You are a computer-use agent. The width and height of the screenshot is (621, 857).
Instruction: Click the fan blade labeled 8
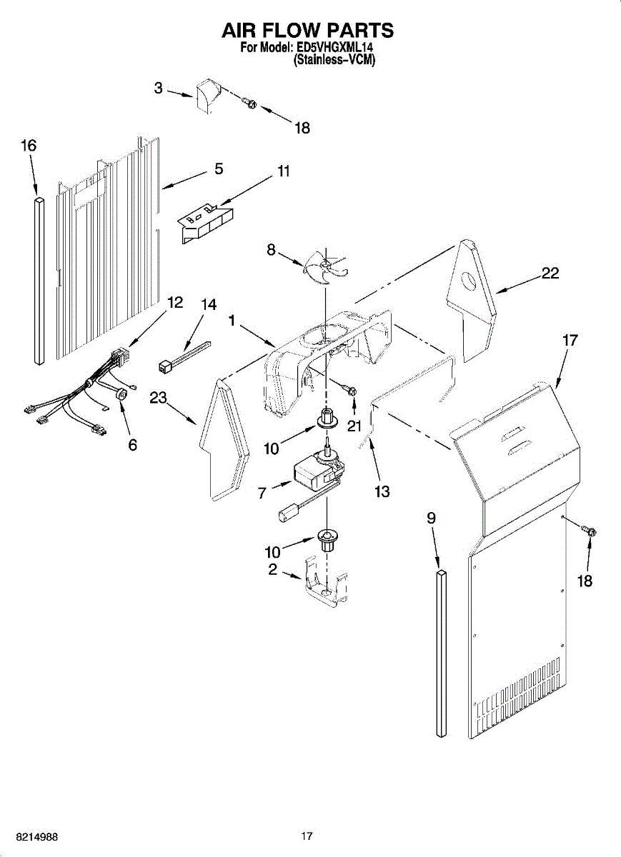[323, 266]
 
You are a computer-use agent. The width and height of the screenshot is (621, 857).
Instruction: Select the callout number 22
[550, 274]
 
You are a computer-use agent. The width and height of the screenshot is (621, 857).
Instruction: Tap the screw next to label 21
[352, 390]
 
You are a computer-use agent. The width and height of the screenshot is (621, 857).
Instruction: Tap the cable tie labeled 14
[184, 356]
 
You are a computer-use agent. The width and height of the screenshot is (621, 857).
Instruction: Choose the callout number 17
[570, 341]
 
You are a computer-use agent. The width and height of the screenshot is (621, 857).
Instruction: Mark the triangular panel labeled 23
[224, 439]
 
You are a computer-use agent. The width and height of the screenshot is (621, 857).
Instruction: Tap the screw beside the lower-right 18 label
[590, 531]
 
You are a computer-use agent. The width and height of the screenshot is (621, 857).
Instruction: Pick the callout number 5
[219, 169]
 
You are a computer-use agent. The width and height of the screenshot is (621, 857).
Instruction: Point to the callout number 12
[174, 303]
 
